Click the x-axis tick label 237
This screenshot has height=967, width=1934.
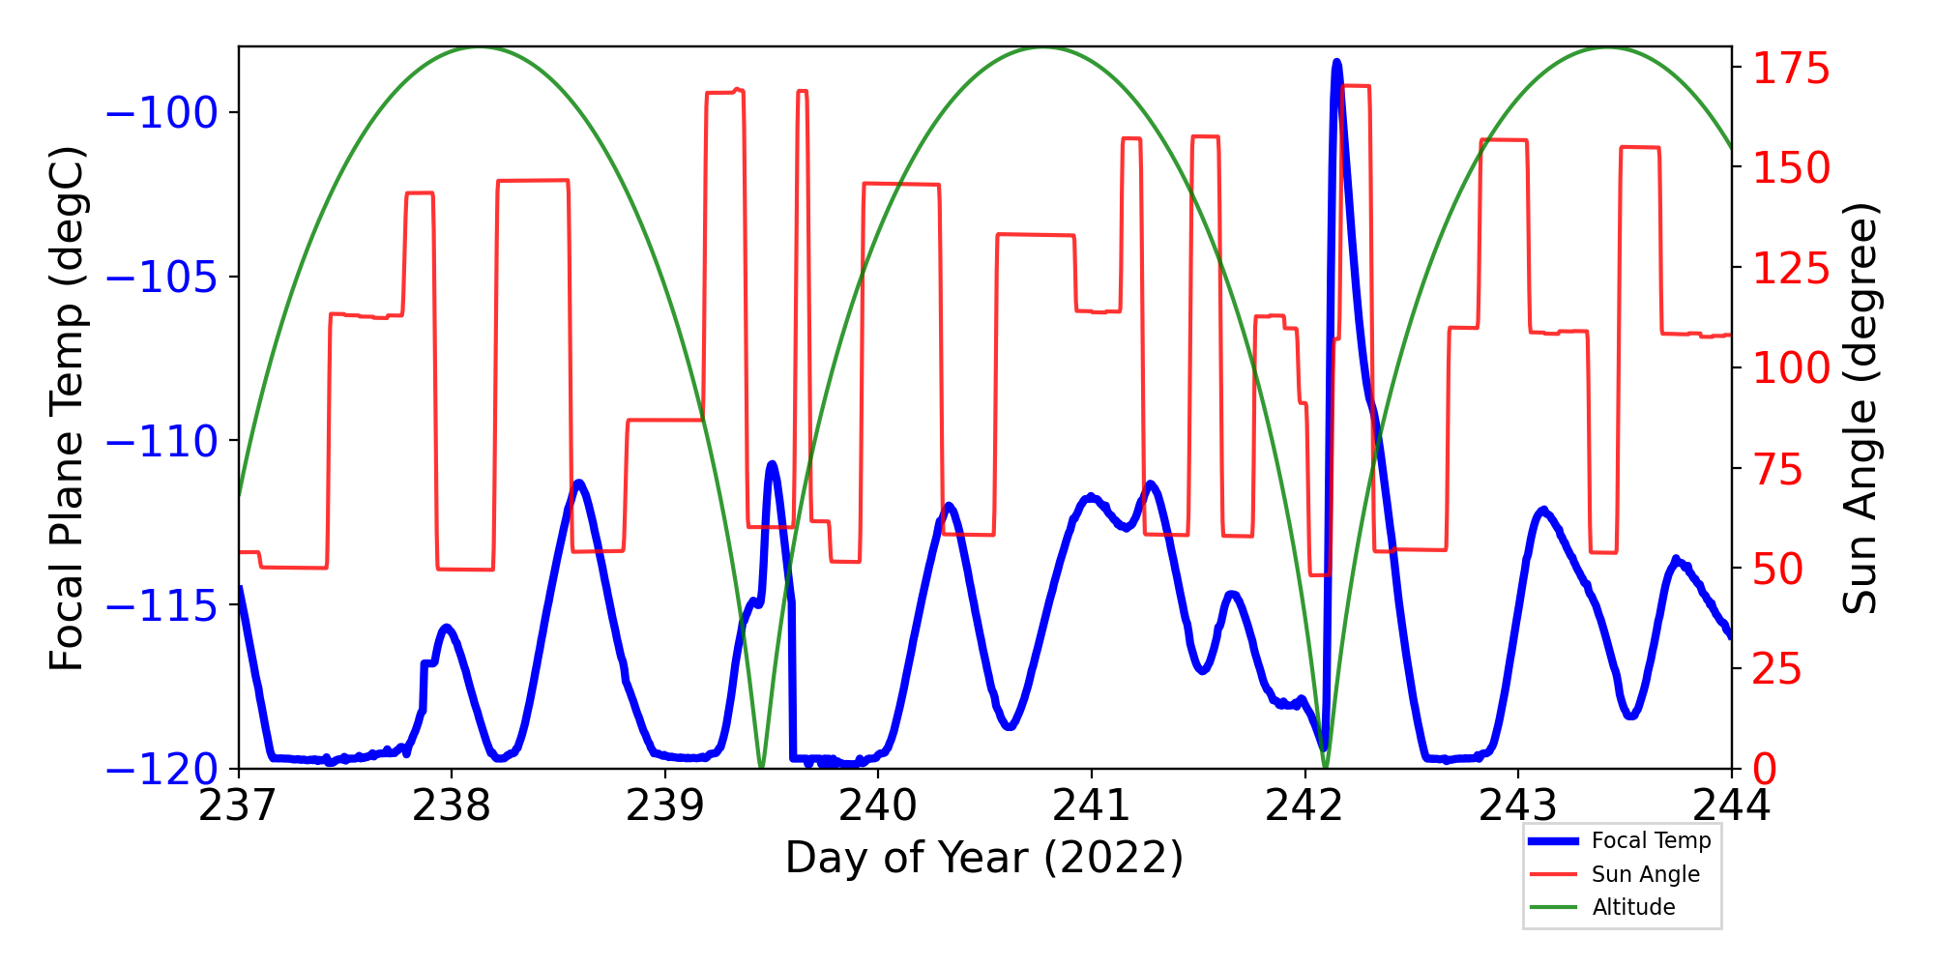point(238,806)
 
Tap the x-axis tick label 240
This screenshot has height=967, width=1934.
point(878,806)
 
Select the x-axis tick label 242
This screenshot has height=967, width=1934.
point(1304,806)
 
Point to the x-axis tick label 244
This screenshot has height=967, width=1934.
point(1731,806)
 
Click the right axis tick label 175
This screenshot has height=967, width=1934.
point(1791,69)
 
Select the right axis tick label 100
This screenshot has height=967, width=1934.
point(1791,368)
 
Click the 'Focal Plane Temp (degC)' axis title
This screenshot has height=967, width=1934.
point(68,408)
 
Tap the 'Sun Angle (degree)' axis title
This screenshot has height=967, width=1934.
point(1859,408)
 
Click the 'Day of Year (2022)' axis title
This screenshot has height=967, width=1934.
point(984,858)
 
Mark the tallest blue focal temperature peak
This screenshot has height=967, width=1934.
point(1336,63)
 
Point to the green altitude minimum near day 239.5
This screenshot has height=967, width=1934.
point(761,767)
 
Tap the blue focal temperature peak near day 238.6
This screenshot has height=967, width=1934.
point(578,483)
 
